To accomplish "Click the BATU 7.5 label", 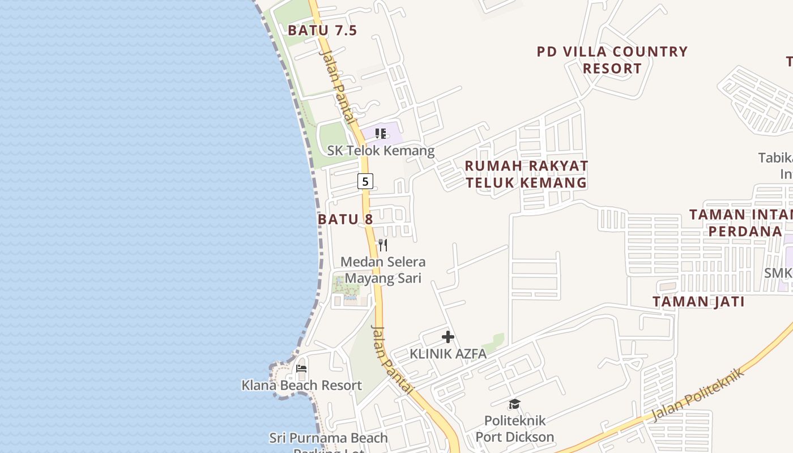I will (x=322, y=31).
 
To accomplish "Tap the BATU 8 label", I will (x=346, y=219).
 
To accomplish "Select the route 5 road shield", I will (x=365, y=181).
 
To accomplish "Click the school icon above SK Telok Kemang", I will (x=381, y=134).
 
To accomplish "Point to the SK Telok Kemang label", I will (x=381, y=151).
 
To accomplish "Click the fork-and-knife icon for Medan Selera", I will (x=383, y=245).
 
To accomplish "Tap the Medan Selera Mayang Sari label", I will (x=383, y=270).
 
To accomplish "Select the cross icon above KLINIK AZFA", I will (x=448, y=337).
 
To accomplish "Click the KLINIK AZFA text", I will (x=448, y=354).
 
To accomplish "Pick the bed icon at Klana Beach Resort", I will (x=301, y=369).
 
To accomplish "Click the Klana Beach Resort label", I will (x=301, y=385).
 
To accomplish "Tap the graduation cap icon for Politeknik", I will (x=514, y=404).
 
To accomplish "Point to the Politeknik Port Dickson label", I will (x=514, y=429).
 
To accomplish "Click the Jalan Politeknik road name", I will (x=697, y=395).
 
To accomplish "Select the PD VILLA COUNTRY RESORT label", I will (x=612, y=60).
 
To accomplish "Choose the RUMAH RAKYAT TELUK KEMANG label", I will (x=526, y=174).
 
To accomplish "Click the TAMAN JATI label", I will (x=698, y=302).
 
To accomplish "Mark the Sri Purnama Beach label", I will (x=329, y=438).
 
